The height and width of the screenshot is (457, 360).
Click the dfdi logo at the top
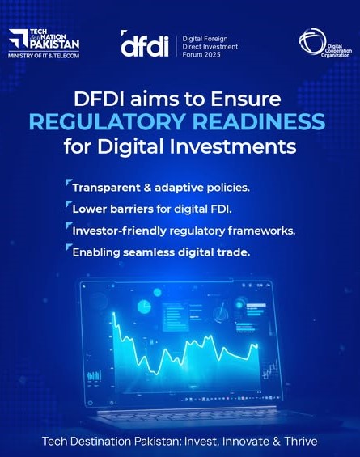(x=145, y=44)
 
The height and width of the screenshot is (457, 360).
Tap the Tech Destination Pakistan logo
(x=44, y=40)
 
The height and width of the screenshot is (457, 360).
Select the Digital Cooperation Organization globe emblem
(x=311, y=41)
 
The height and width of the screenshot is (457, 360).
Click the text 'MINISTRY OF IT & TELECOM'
(x=44, y=55)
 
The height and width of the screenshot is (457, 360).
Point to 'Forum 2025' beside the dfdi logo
(x=201, y=54)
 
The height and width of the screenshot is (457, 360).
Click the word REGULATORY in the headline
(x=108, y=121)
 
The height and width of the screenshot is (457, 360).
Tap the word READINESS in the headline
(x=259, y=121)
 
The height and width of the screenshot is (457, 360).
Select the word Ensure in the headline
(x=246, y=99)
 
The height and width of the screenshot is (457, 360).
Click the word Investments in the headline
(x=233, y=146)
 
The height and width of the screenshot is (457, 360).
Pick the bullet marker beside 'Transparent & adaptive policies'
(x=69, y=183)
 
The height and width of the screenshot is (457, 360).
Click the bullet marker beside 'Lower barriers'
(x=69, y=204)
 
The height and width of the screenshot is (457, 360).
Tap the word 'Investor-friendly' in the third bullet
(x=119, y=231)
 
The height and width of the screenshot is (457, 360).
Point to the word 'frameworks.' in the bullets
(x=261, y=231)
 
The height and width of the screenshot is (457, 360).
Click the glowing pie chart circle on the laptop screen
(x=144, y=307)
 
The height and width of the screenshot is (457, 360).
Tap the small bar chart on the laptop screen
(x=94, y=375)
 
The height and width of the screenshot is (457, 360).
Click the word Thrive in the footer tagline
(x=300, y=441)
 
